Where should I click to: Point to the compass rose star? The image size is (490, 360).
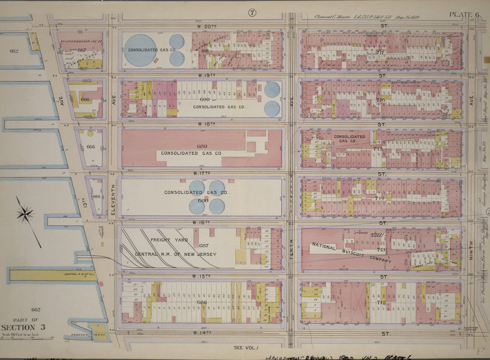click(x=25, y=214)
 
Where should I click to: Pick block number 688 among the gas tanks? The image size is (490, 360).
click(x=203, y=200)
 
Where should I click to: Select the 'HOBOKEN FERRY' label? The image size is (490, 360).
click(x=86, y=335)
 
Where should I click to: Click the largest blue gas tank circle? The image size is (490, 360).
click(x=140, y=50)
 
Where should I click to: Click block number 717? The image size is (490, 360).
click(x=380, y=52)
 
